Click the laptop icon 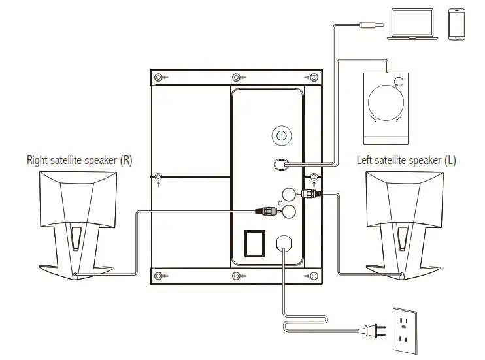click(x=410, y=25)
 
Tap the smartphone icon click(x=456, y=25)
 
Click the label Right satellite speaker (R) click(x=79, y=160)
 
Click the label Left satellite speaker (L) click(x=406, y=160)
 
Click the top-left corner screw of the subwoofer click(x=158, y=78)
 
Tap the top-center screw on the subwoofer click(x=236, y=78)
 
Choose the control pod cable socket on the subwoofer click(x=281, y=163)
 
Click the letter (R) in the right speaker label click(x=126, y=160)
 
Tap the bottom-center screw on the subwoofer click(x=236, y=276)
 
